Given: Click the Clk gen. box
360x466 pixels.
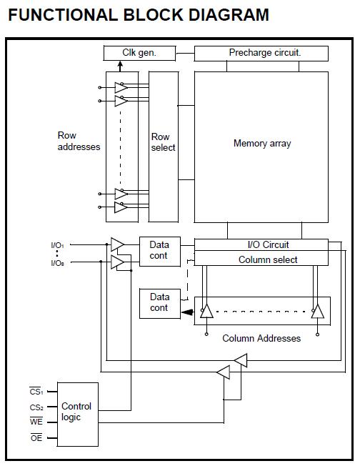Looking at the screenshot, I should (x=140, y=53).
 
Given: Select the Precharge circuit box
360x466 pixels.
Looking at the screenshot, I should (x=261, y=53).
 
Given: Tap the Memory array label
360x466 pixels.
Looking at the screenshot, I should (x=261, y=143).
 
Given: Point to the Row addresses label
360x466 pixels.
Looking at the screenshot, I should (x=78, y=141).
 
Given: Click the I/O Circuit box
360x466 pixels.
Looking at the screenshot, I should (x=261, y=244).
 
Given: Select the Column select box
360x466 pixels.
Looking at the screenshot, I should (x=261, y=259).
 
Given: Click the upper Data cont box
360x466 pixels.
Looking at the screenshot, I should (x=159, y=250).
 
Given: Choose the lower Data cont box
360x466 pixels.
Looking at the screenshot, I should (x=159, y=302).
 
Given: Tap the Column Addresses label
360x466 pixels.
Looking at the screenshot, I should (x=261, y=338).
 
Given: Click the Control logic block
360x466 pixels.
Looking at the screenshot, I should (x=76, y=412).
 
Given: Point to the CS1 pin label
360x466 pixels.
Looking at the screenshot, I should (x=36, y=391).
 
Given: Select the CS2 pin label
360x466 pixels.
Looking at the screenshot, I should (x=36, y=407).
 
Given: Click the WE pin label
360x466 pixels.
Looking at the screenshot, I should (x=36, y=422).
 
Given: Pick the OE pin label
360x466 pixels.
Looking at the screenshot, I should (x=36, y=437).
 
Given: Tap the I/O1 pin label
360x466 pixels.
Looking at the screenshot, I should (x=58, y=245).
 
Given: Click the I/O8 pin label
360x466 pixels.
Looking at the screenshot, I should (x=58, y=263).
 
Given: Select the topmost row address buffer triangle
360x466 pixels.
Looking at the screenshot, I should (x=121, y=88).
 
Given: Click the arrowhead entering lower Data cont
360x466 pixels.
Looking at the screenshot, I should (x=187, y=312).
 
